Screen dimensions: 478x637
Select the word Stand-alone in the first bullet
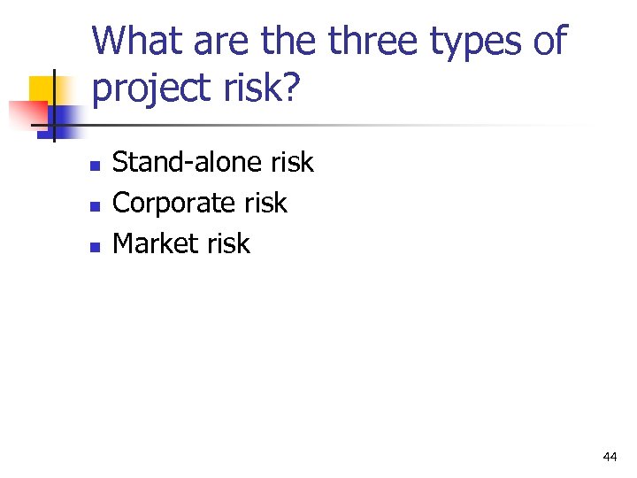tap(188, 162)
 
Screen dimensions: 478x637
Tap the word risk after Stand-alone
tap(292, 162)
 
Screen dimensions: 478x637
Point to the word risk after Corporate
tap(265, 203)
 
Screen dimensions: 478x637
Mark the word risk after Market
tap(229, 243)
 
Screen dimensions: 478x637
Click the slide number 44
tap(609, 457)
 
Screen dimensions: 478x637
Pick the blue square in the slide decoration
tap(65, 117)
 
